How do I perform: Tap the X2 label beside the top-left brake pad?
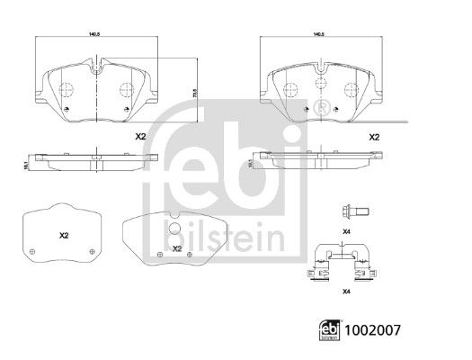tap(139, 138)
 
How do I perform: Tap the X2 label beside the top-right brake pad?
tap(374, 137)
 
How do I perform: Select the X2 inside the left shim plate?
tap(64, 235)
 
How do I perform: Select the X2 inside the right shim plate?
tap(177, 248)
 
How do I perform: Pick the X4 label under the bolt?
tap(346, 232)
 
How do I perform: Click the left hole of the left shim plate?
tap(32, 250)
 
